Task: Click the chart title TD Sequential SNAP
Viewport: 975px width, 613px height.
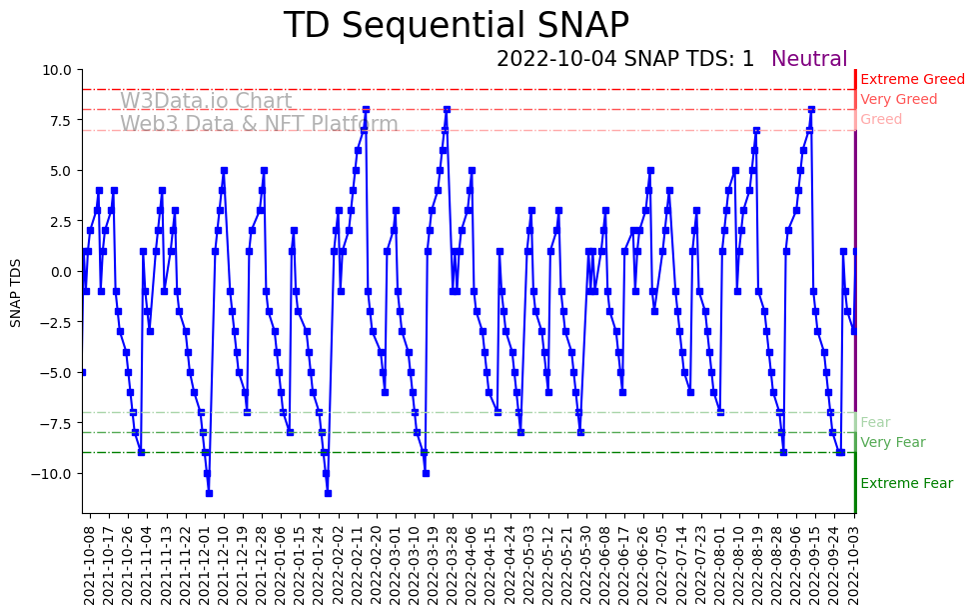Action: click(x=457, y=26)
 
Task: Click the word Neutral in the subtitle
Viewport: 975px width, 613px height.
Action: click(x=809, y=59)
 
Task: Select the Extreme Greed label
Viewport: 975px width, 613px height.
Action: click(x=912, y=79)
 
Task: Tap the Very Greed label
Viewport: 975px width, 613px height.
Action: click(x=898, y=99)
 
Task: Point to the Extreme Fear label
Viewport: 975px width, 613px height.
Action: click(x=906, y=483)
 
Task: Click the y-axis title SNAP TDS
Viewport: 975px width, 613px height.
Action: click(x=15, y=291)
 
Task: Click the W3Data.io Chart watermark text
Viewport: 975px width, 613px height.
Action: click(x=206, y=102)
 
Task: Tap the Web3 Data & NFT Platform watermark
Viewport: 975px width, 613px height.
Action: click(x=259, y=124)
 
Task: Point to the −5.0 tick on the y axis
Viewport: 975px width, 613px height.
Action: click(x=55, y=372)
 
